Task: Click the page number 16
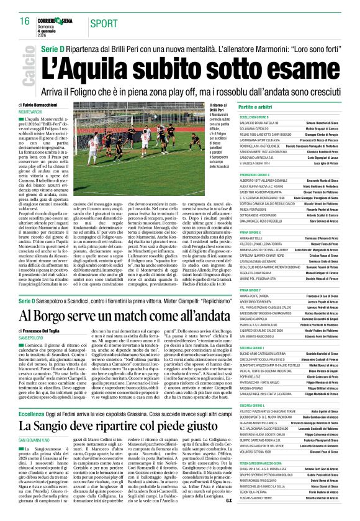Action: click(25, 20)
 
